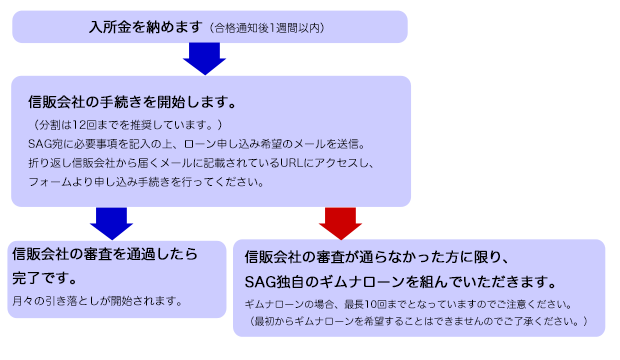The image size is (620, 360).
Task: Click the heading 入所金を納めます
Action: tap(145, 26)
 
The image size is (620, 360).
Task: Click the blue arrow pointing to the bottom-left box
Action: tap(112, 221)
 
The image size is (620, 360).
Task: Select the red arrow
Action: tap(341, 221)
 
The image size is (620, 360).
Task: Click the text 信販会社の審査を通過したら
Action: tap(104, 254)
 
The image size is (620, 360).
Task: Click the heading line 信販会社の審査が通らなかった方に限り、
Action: tap(379, 256)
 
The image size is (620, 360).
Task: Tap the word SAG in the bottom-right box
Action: tap(260, 281)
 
